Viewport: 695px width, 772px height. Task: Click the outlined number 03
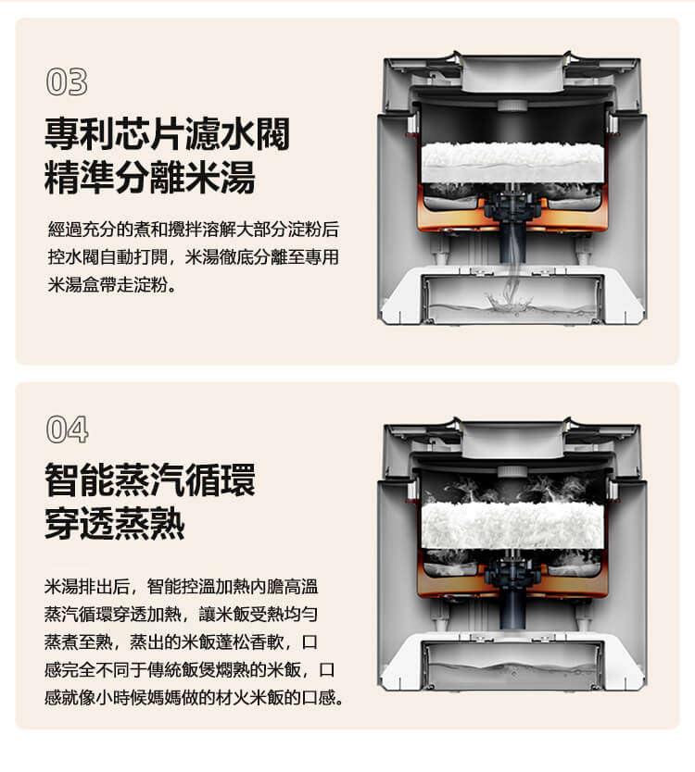(67, 81)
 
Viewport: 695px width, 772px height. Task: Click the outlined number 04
(67, 430)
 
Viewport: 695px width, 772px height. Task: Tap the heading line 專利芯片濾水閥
(167, 133)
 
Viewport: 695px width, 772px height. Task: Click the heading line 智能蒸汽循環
(150, 479)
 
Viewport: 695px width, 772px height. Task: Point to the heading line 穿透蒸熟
(115, 523)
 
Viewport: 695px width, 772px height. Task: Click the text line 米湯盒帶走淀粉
(111, 284)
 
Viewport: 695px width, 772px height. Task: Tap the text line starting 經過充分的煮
(194, 229)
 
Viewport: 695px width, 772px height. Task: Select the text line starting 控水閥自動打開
(194, 256)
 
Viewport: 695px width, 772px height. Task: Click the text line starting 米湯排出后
(182, 586)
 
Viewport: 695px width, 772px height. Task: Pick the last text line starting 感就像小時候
(195, 697)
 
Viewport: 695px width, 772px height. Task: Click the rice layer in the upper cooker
(512, 163)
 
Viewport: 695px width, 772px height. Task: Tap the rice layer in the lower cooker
(512, 526)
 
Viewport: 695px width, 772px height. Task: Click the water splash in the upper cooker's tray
(510, 302)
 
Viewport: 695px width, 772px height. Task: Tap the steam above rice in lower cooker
(512, 489)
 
